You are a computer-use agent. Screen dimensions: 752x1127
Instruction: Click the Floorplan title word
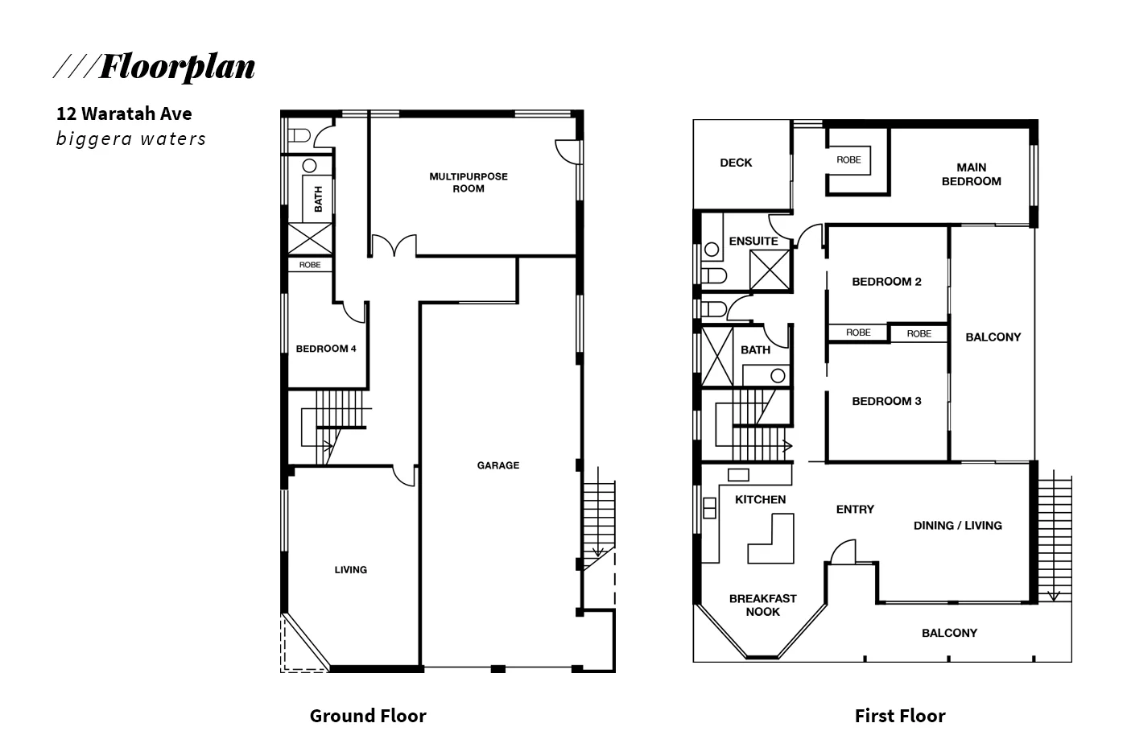tap(176, 67)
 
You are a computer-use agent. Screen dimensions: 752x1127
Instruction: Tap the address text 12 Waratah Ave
tap(124, 114)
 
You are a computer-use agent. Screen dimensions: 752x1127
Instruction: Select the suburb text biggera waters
tap(131, 138)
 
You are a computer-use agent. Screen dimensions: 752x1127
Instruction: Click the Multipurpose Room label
tap(469, 182)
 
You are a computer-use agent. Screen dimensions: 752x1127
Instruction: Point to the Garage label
tap(497, 465)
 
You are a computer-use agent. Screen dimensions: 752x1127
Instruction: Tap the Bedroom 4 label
tap(326, 349)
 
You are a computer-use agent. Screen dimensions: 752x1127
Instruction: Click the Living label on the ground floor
tap(350, 570)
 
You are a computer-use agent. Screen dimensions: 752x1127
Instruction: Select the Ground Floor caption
tap(368, 716)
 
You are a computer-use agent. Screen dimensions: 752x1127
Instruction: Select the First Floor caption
tap(900, 716)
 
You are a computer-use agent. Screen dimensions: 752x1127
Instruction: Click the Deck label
tap(736, 163)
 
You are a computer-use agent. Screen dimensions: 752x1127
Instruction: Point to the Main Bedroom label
tap(971, 174)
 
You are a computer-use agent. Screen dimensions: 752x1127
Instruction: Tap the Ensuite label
tap(753, 241)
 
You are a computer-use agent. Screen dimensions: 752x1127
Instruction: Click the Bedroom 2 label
tap(886, 282)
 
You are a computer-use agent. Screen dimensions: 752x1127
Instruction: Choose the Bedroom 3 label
tap(886, 401)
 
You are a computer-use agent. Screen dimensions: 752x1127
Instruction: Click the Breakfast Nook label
tap(762, 605)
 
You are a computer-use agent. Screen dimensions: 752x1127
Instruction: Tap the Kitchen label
tap(760, 499)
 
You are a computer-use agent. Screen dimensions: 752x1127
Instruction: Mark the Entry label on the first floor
tap(855, 509)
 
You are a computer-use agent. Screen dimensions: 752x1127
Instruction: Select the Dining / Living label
tap(957, 526)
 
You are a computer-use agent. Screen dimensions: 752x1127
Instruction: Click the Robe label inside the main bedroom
tap(848, 159)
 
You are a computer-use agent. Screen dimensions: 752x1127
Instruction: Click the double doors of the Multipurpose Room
tap(394, 246)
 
